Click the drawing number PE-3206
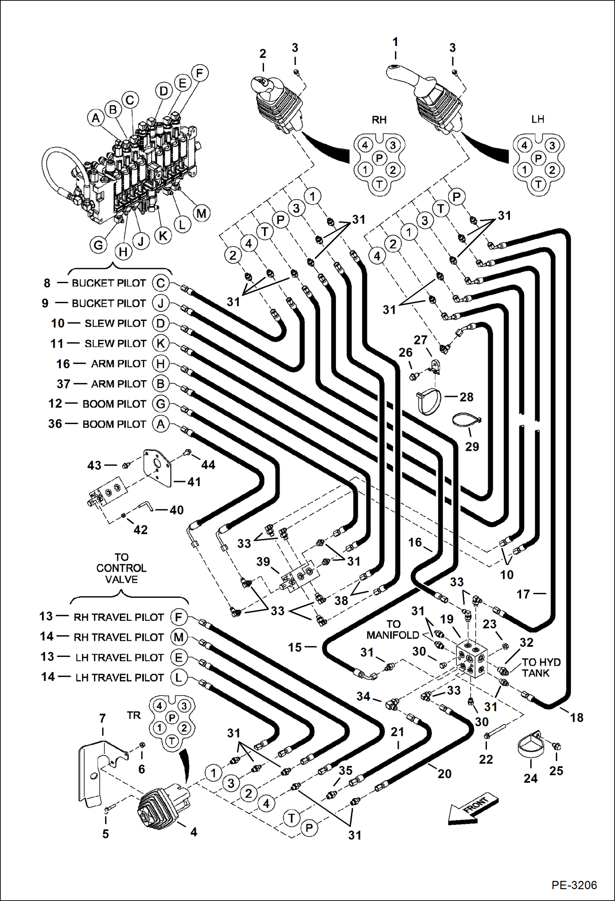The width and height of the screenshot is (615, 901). point(574,885)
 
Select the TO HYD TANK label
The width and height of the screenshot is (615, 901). point(541,668)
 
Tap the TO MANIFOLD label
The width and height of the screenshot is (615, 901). point(392,630)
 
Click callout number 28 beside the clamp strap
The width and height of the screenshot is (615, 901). point(466,397)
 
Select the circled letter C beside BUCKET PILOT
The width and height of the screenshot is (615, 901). point(161,283)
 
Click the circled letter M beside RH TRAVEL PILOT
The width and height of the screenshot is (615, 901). point(179,637)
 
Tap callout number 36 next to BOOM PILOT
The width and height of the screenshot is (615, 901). point(55,424)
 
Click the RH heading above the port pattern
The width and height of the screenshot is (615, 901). point(379,120)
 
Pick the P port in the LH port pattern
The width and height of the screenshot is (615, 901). point(538,158)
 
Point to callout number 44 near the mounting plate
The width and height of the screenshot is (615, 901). point(208,465)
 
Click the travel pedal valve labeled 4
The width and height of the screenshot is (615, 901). point(162,804)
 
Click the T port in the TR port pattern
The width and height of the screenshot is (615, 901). point(172,742)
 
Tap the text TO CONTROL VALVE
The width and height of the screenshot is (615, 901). point(121,568)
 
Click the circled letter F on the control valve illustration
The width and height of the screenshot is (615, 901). point(200,73)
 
